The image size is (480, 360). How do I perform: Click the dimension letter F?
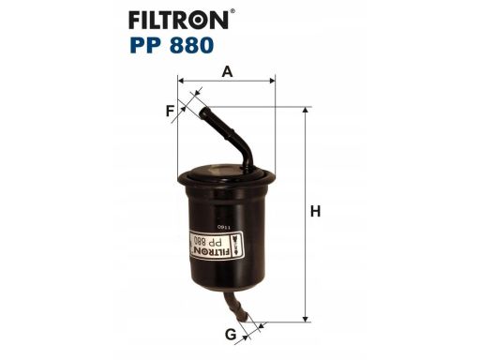coord(170,112)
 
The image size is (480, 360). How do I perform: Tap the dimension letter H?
coord(316,212)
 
